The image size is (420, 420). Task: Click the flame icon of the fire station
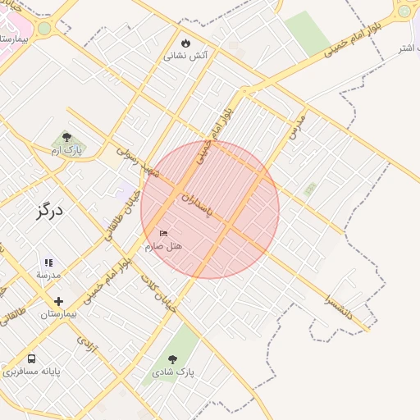[x=185, y=43]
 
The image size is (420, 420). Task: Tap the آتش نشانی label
[x=186, y=56]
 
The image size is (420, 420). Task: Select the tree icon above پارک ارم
[x=66, y=138]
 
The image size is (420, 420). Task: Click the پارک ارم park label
[x=67, y=151]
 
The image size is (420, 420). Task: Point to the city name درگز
[x=49, y=210]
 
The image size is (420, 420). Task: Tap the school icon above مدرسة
[x=48, y=262]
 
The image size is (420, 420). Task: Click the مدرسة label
[x=48, y=275]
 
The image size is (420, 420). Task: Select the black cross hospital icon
[x=58, y=301]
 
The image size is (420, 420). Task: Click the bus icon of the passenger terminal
[x=31, y=358]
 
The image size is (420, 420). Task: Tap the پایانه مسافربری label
[x=31, y=372]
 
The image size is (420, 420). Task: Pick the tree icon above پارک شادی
[x=172, y=359]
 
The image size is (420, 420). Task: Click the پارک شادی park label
[x=173, y=372]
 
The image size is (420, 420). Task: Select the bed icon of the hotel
[x=163, y=234]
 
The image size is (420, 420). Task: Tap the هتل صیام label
[x=164, y=246]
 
